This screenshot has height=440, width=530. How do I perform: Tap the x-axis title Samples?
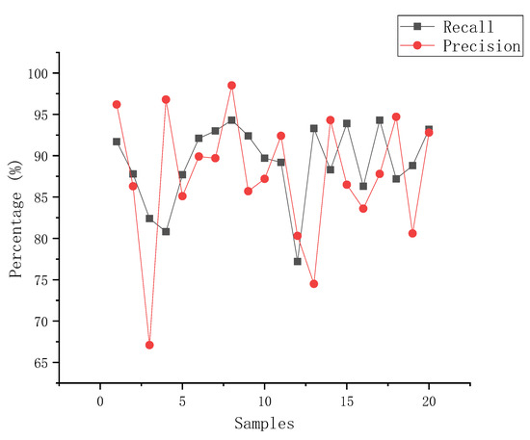point(264,422)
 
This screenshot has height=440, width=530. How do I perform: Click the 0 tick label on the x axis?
point(100,401)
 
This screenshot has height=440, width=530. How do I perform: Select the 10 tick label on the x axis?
point(264,401)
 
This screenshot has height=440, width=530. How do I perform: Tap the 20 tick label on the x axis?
point(429,401)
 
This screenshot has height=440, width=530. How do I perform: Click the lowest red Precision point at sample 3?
point(149,345)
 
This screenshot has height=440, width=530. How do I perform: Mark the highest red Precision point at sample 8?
point(231,85)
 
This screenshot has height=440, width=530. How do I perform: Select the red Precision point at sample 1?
point(117,104)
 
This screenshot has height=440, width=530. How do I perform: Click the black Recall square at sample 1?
point(117,142)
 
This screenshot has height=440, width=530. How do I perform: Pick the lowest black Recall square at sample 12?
point(297,261)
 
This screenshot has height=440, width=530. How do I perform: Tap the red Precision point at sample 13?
point(313,283)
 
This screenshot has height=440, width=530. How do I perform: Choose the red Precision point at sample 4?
point(166,99)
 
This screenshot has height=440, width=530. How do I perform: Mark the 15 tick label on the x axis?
point(346,401)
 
